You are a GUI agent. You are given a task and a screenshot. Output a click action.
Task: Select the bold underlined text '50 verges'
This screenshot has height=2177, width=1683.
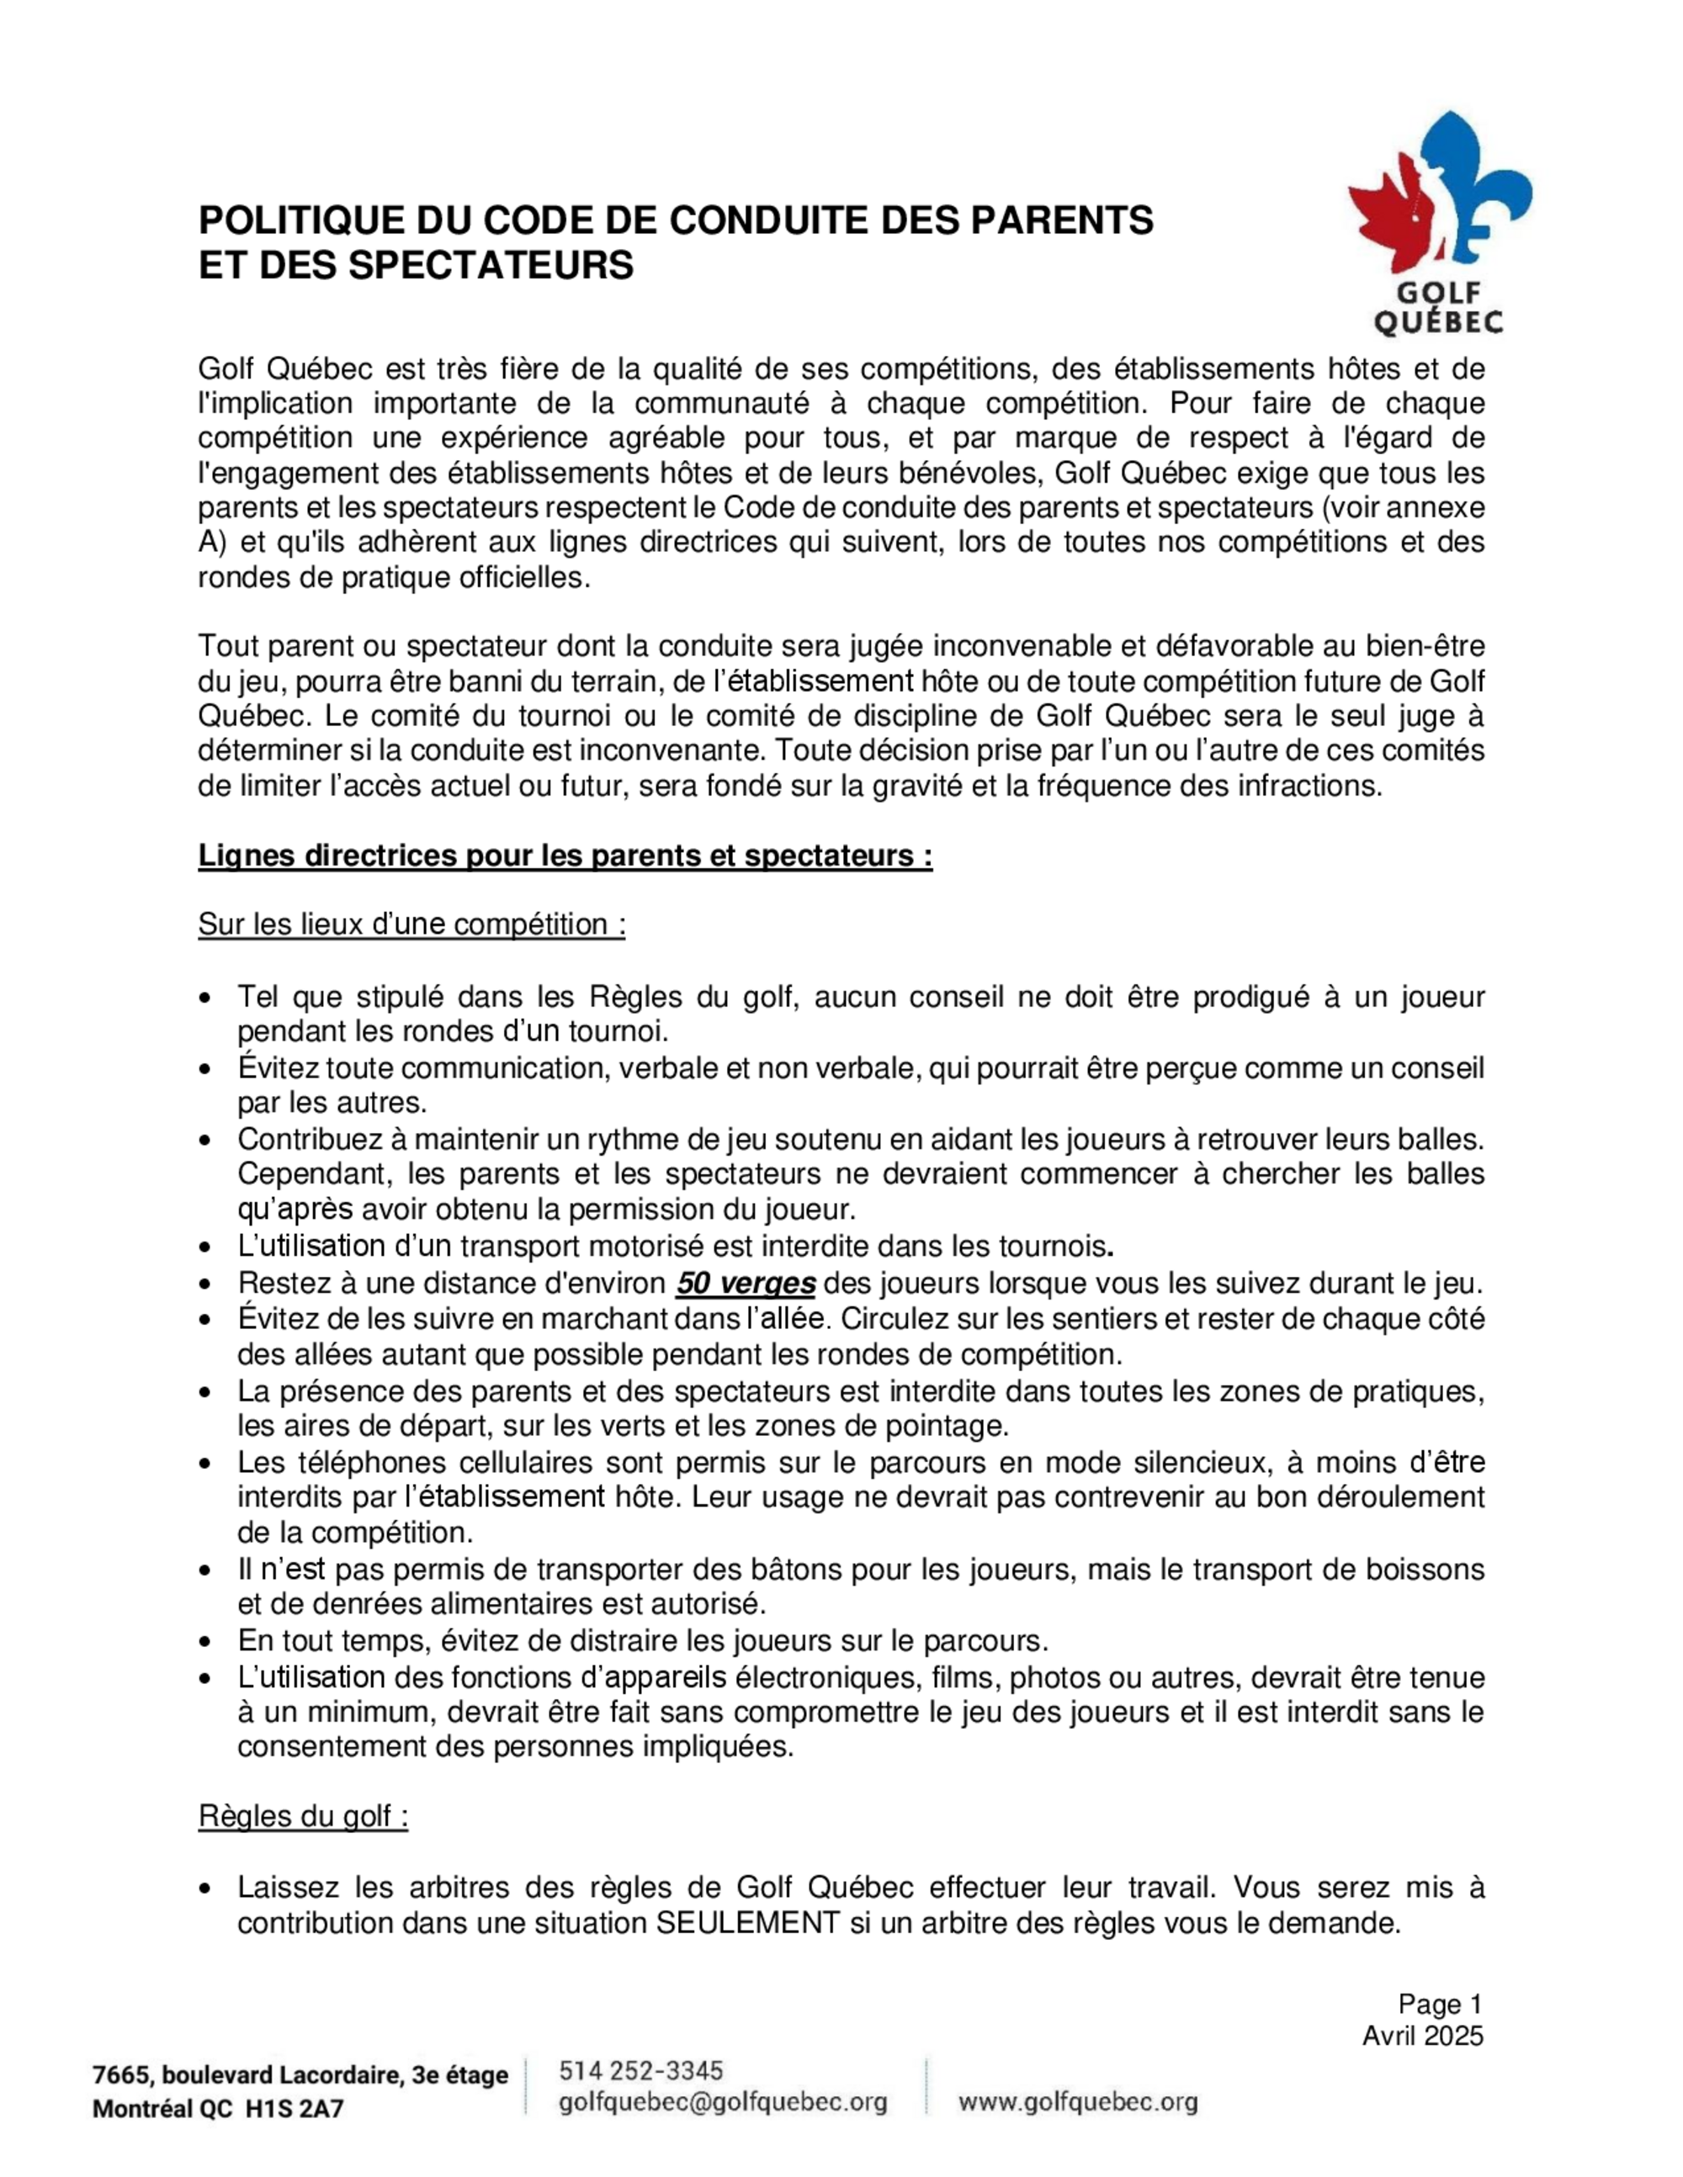[x=746, y=1283]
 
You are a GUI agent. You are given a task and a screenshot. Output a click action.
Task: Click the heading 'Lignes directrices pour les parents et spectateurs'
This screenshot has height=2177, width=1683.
[x=565, y=855]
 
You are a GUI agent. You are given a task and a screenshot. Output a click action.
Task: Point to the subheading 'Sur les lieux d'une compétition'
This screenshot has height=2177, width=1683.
[x=411, y=924]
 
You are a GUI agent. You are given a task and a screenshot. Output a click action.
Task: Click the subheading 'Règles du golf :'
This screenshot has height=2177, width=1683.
[x=303, y=1816]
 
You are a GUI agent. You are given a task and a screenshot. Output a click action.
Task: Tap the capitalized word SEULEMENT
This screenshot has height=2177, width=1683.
[x=746, y=1922]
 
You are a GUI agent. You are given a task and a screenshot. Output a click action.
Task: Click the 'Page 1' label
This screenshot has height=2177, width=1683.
[x=1440, y=2005]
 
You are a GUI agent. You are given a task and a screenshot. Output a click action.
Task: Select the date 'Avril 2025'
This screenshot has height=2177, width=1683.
[x=1423, y=2036]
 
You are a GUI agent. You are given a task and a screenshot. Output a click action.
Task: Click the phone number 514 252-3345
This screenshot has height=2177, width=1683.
[x=641, y=2069]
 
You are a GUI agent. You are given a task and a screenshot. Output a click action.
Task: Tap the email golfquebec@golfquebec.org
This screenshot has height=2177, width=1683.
[x=723, y=2102]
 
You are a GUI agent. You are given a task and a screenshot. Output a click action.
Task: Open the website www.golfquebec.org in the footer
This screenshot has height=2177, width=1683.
[x=1078, y=2102]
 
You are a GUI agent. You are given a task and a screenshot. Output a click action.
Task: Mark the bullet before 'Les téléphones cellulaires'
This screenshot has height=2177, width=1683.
[x=205, y=1465]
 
